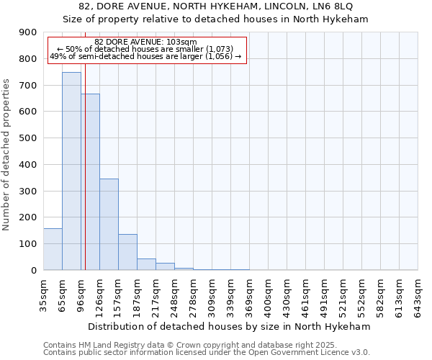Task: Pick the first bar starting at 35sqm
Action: click(x=53, y=249)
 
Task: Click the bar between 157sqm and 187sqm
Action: click(x=127, y=252)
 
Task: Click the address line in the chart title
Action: click(x=216, y=6)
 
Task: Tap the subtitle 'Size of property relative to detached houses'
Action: click(x=216, y=19)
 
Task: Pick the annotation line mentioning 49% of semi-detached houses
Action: click(x=145, y=56)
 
